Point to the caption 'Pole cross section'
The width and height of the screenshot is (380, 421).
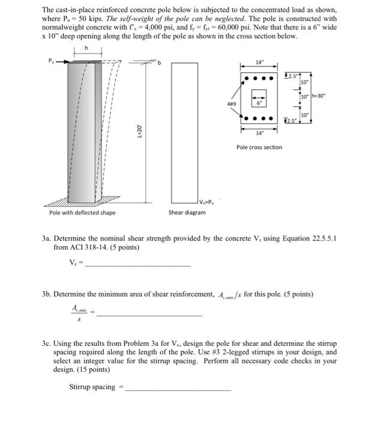click(x=259, y=147)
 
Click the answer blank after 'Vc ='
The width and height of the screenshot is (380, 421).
click(x=137, y=265)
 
